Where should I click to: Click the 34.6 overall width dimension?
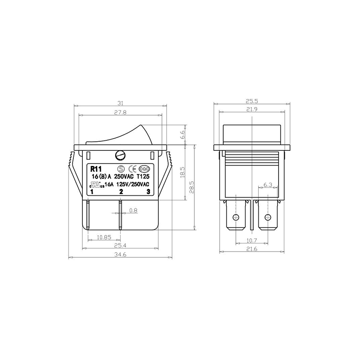point(120,255)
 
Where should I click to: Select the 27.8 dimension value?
point(120,113)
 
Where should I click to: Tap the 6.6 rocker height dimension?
point(182,134)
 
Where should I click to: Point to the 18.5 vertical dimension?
point(182,173)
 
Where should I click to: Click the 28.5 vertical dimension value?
point(192,187)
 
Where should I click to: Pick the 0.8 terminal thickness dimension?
point(133,210)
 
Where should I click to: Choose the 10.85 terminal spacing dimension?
point(104,238)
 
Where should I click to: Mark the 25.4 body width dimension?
point(120,246)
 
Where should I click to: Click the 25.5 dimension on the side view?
point(252,101)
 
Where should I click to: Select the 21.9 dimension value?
point(252,109)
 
